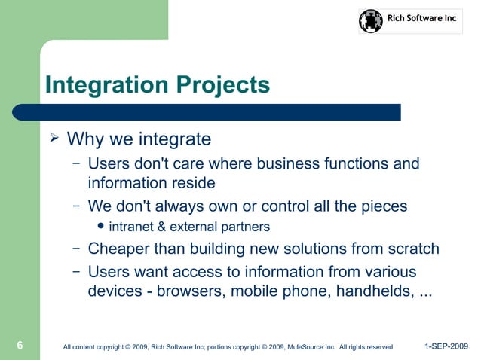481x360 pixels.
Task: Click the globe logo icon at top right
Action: coord(371,20)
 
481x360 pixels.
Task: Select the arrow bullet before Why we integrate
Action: coord(54,139)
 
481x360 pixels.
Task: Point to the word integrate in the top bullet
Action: coord(175,140)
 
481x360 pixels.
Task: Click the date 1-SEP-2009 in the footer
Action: coord(446,346)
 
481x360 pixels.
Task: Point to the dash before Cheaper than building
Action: coord(77,249)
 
